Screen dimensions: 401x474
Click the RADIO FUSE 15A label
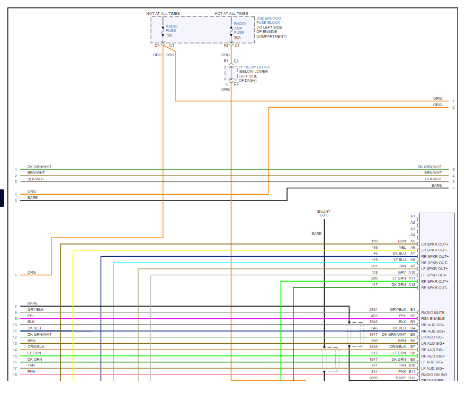click(x=172, y=31)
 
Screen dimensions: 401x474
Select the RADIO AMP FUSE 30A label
click(x=239, y=31)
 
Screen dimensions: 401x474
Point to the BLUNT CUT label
click(x=324, y=213)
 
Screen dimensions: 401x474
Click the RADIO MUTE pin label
click(x=433, y=312)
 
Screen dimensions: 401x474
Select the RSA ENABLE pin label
click(x=433, y=319)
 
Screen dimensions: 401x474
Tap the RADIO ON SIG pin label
click(x=433, y=374)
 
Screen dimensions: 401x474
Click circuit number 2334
click(x=373, y=309)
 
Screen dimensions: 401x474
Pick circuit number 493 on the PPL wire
click(x=374, y=316)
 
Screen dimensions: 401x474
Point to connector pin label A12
click(x=412, y=285)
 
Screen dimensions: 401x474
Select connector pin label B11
click(x=412, y=372)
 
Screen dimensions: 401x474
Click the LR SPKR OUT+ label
click(x=434, y=244)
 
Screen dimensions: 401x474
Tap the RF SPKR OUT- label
click(x=434, y=287)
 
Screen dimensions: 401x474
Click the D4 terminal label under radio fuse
click(x=157, y=46)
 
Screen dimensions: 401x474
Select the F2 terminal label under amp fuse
click(x=226, y=46)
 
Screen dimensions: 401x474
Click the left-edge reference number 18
click(x=15, y=374)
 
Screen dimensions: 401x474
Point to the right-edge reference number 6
click(x=453, y=188)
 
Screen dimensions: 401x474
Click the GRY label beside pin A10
click(x=403, y=272)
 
